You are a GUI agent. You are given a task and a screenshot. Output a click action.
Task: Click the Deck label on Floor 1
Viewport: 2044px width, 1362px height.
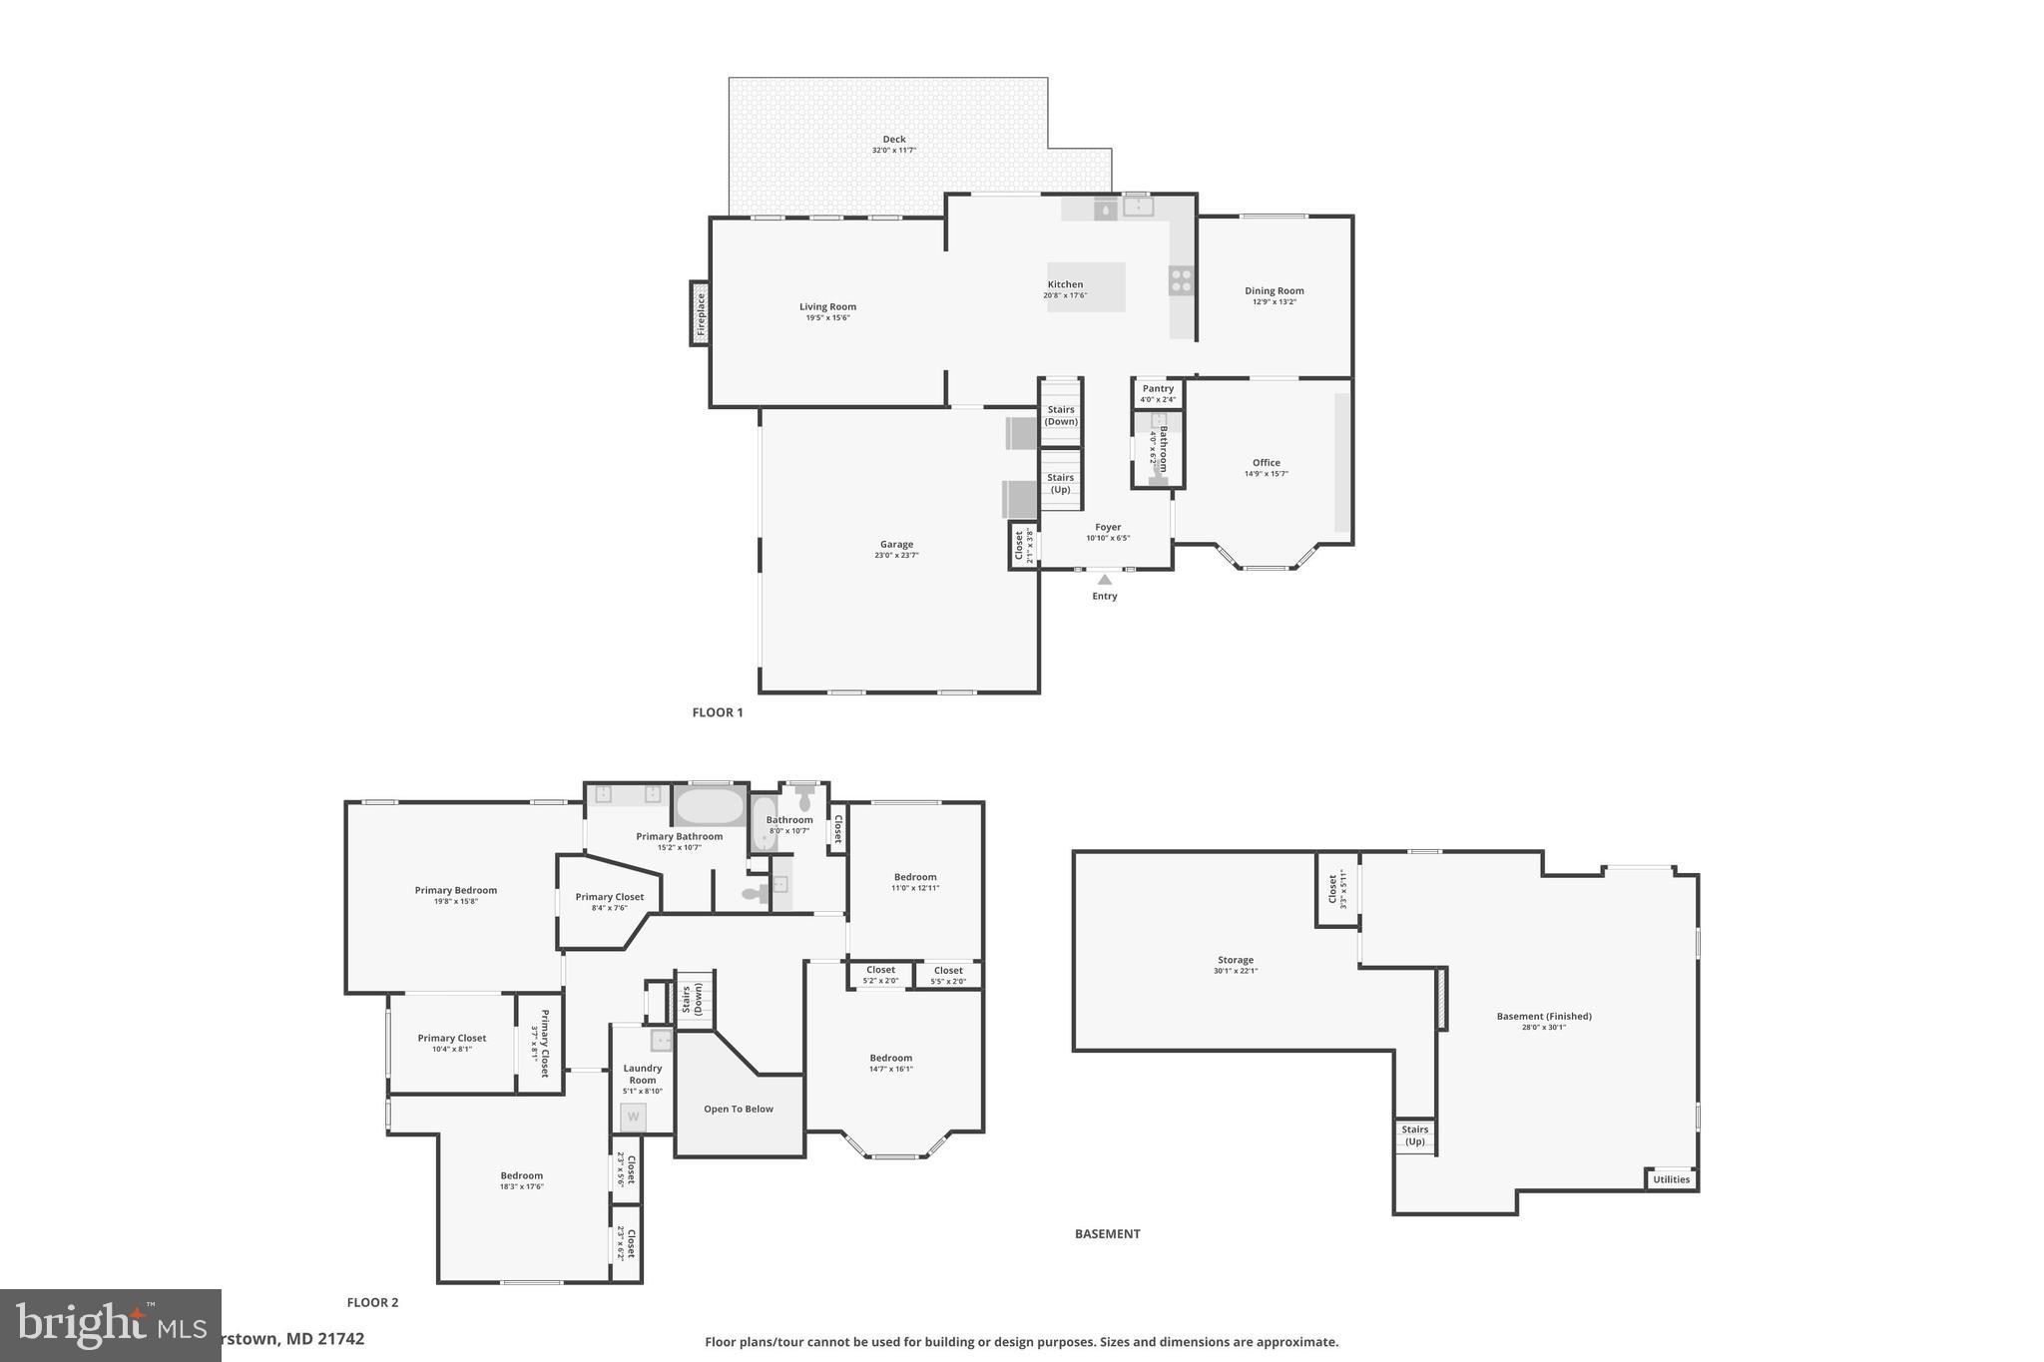click(x=893, y=140)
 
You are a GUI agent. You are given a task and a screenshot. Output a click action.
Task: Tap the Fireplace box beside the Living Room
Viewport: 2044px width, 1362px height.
click(x=701, y=313)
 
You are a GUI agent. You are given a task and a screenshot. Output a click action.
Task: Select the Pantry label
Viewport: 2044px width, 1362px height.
click(x=1158, y=389)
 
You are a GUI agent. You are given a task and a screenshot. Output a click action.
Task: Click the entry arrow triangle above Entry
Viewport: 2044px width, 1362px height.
click(x=1104, y=580)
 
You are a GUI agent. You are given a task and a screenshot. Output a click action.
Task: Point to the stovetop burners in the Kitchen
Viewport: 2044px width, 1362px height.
click(x=1181, y=280)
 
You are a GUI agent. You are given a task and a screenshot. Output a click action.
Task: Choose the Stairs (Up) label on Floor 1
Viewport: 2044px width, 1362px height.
click(x=1060, y=483)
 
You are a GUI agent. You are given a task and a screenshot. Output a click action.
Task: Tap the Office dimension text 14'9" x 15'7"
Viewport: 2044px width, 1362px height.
click(x=1266, y=474)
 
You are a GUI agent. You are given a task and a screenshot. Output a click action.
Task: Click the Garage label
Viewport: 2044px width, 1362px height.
click(x=896, y=545)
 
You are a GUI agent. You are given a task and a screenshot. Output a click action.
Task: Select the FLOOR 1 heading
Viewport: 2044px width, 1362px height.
click(x=718, y=712)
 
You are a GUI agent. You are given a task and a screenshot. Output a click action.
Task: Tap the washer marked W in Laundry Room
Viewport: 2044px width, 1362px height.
click(x=633, y=1117)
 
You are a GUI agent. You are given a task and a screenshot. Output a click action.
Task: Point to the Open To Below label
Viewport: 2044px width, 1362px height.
click(x=739, y=1109)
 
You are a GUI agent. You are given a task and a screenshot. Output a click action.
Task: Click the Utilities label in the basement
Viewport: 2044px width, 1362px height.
click(x=1671, y=1179)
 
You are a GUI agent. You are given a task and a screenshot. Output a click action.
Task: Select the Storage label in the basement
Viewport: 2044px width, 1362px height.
click(x=1235, y=960)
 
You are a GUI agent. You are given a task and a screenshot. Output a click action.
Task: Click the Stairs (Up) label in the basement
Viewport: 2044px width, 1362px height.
click(x=1414, y=1135)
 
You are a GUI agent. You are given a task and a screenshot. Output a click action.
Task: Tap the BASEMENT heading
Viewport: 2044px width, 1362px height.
click(x=1107, y=1234)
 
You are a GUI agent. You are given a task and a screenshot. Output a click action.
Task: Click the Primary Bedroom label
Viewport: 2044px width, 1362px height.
click(x=455, y=890)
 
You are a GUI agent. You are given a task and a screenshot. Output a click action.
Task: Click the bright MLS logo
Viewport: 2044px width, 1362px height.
click(x=110, y=1325)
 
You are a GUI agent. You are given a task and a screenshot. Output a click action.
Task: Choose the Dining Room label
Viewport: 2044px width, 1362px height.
click(x=1274, y=291)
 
